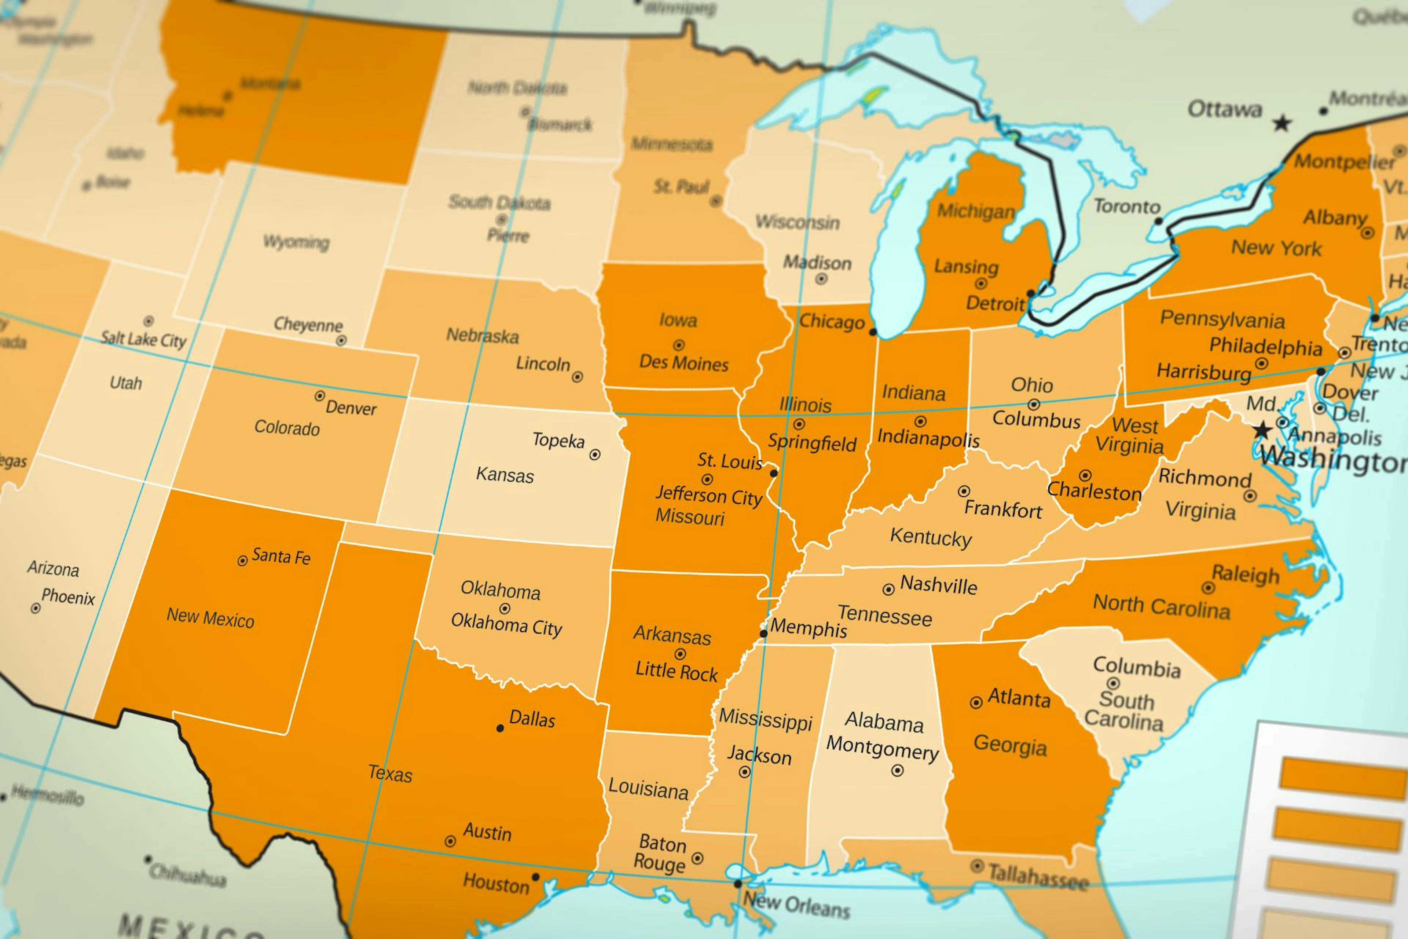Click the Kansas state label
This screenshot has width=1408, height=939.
(x=505, y=475)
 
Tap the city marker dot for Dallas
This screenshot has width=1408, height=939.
(x=500, y=728)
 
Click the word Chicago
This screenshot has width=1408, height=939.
(x=832, y=322)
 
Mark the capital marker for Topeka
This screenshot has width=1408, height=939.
(x=594, y=454)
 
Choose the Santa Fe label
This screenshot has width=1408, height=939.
(x=281, y=556)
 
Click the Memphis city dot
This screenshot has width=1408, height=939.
(x=763, y=633)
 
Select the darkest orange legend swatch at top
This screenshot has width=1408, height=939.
(x=1344, y=778)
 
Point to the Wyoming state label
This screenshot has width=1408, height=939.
(x=296, y=242)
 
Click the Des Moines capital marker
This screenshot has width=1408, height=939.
(x=679, y=345)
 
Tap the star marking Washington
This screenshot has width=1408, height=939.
(x=1262, y=430)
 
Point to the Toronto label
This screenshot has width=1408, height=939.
(x=1127, y=207)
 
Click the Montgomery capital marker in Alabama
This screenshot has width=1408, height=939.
(x=897, y=771)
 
